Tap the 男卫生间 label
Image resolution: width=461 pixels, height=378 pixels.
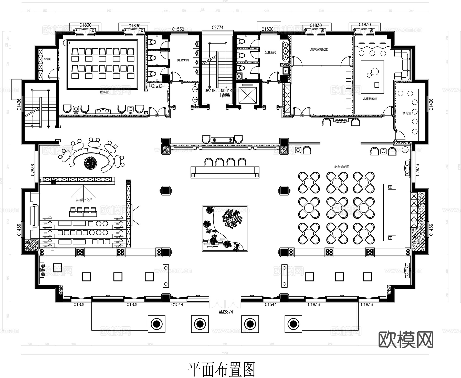pyautogui.click(x=183, y=60)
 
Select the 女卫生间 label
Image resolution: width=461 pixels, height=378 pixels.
pyautogui.click(x=270, y=52)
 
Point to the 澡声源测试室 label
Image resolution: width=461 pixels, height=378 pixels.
pyautogui.click(x=319, y=49)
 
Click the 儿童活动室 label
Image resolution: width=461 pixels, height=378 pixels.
pyautogui.click(x=370, y=99)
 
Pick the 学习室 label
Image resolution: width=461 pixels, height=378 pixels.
pyautogui.click(x=407, y=113)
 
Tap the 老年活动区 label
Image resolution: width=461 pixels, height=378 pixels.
pyautogui.click(x=342, y=167)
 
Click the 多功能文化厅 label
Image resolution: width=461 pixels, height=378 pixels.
pyautogui.click(x=83, y=200)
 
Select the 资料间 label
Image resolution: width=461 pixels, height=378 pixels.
pyautogui.click(x=47, y=59)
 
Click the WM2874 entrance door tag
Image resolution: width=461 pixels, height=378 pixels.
pyautogui.click(x=225, y=312)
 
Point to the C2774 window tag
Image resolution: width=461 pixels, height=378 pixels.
pyautogui.click(x=218, y=28)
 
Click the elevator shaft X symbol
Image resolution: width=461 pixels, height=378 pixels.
pyautogui.click(x=247, y=95)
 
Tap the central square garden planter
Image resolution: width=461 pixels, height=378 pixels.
pyautogui.click(x=225, y=228)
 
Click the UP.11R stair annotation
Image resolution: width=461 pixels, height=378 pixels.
pyautogui.click(x=210, y=90)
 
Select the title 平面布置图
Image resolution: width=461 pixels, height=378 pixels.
pyautogui.click(x=222, y=369)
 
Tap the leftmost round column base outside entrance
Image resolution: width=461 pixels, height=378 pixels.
pyautogui.click(x=156, y=324)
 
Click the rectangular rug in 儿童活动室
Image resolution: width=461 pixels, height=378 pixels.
pyautogui.click(x=372, y=77)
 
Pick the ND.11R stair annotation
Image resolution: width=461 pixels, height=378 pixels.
pyautogui.click(x=226, y=90)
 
